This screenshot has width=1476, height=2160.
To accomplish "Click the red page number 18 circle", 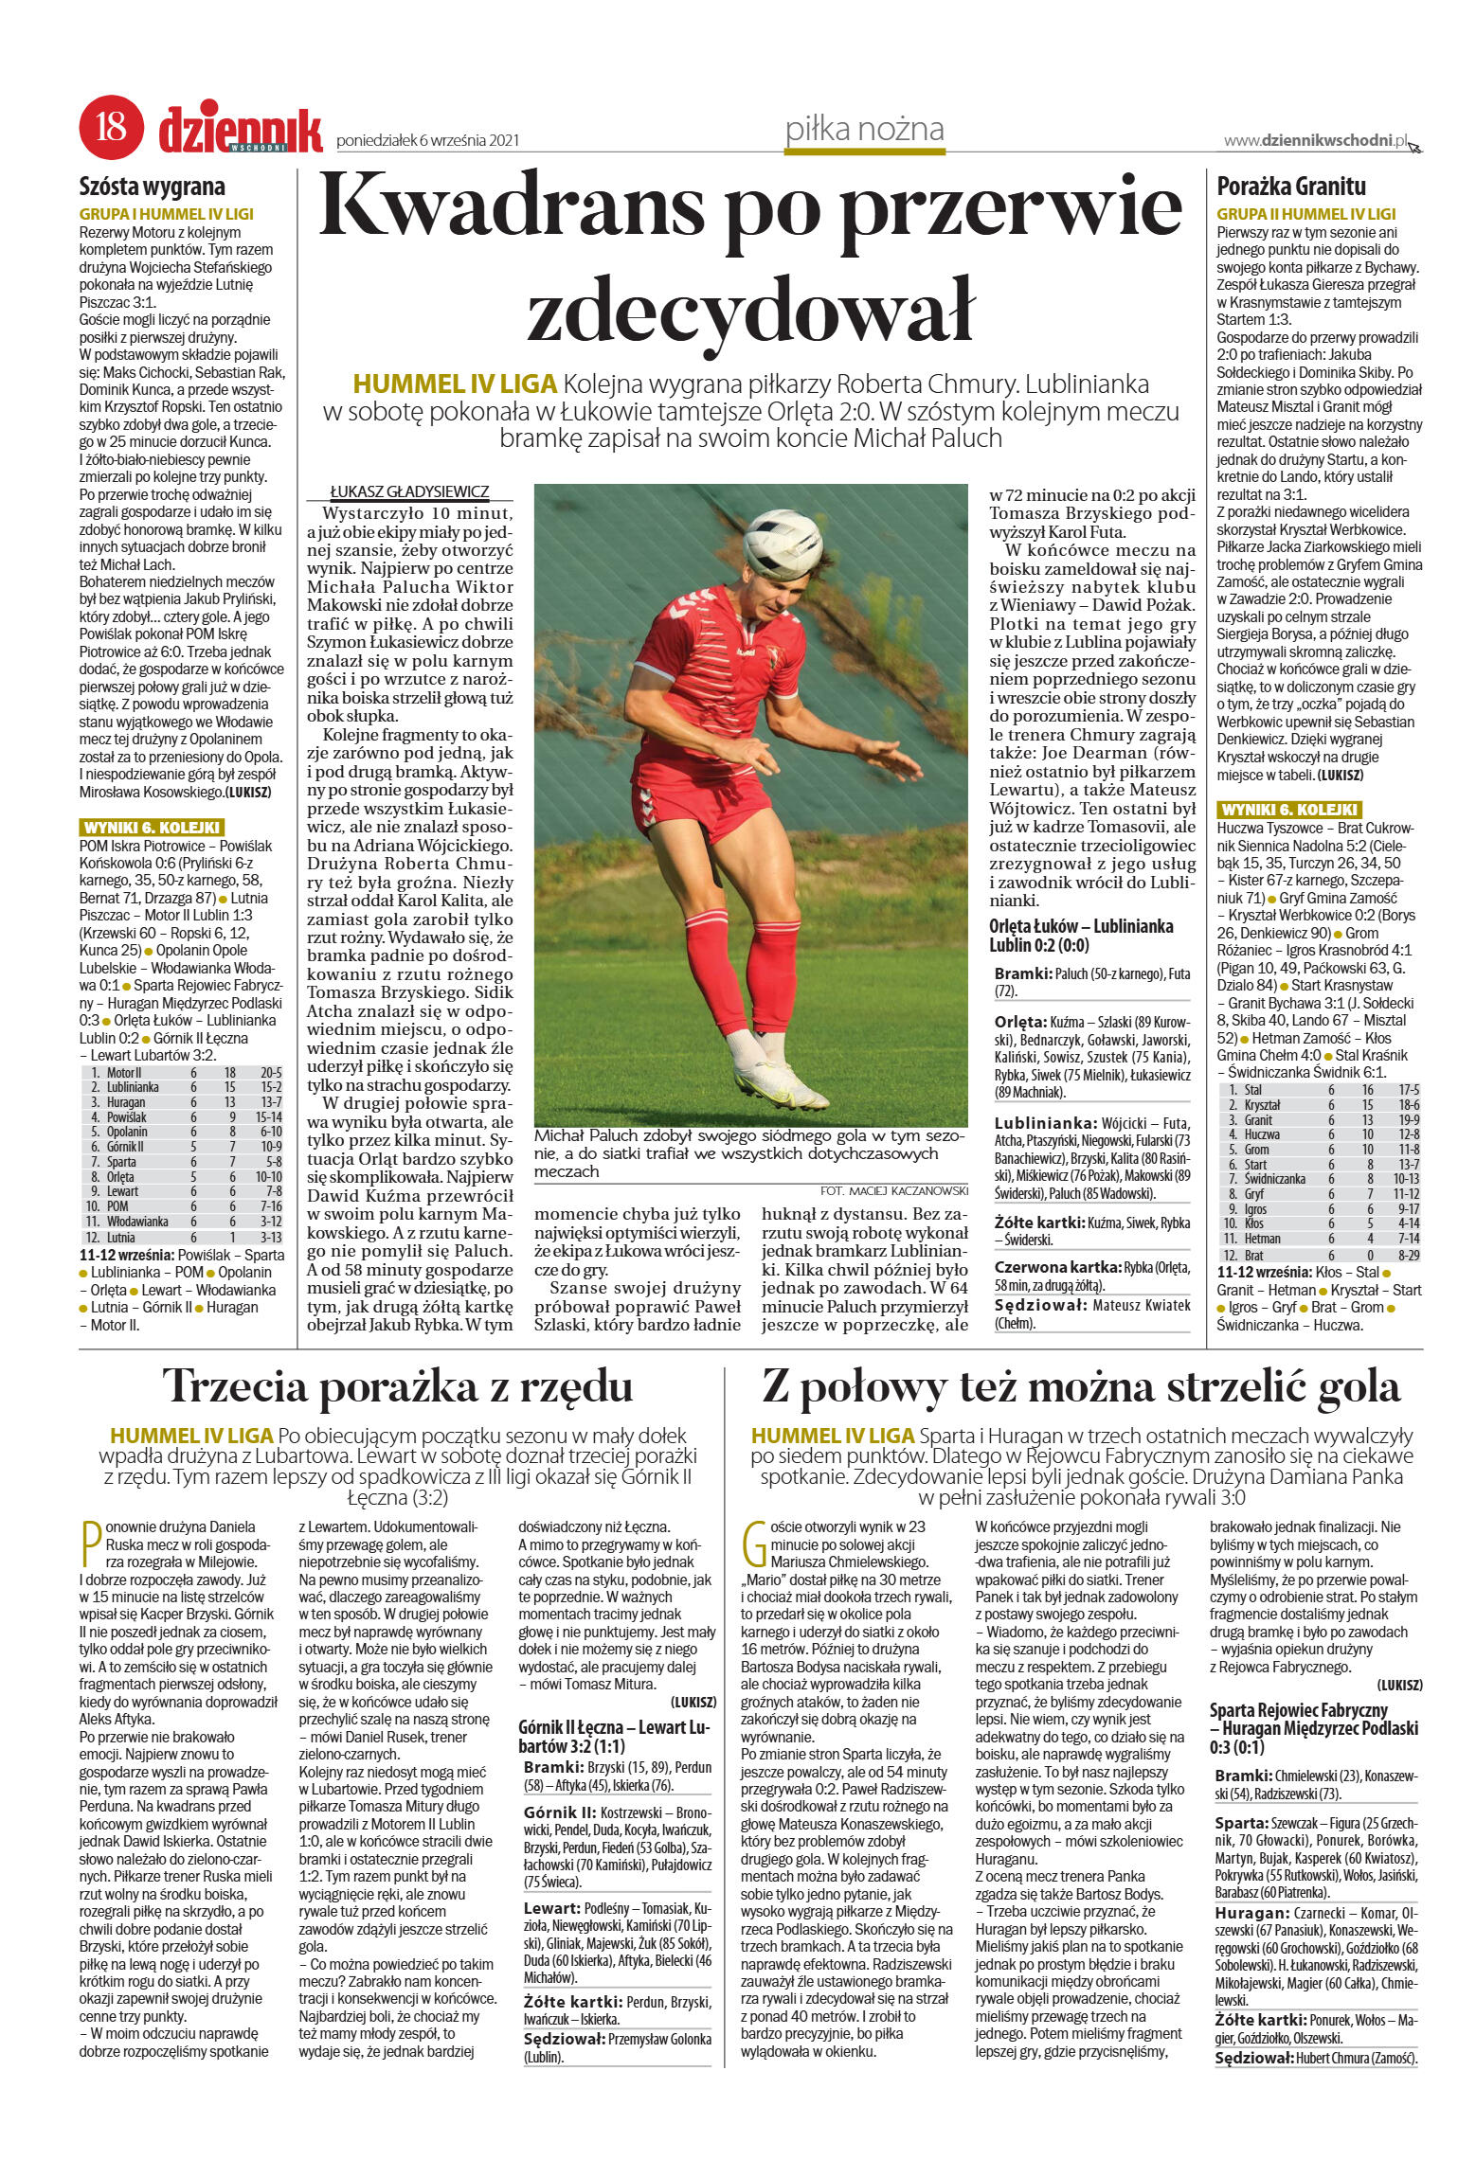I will pos(112,127).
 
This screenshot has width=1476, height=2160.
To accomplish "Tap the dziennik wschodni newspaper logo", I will pos(241,129).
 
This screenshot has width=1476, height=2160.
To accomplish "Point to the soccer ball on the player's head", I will pos(782,544).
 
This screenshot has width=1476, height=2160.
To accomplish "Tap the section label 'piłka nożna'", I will pos(864,129).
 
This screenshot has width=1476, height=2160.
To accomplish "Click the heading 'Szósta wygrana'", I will pos(153,187).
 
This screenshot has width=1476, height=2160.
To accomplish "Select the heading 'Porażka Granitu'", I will pos(1291,187).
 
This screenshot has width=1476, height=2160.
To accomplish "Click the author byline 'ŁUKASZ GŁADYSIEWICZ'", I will pos(409,491).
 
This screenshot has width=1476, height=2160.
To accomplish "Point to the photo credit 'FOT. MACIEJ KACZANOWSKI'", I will pos(894,1190).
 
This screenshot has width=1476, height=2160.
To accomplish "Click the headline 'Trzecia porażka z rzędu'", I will pos(398,1387).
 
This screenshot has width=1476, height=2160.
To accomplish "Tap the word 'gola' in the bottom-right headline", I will pos(1354,1387).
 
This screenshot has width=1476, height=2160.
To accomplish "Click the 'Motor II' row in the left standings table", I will pos(180,1073).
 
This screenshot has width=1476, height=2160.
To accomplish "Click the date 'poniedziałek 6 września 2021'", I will pos(428,141).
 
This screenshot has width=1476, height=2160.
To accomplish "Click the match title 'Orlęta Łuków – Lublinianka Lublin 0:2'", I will pos(1081,936).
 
